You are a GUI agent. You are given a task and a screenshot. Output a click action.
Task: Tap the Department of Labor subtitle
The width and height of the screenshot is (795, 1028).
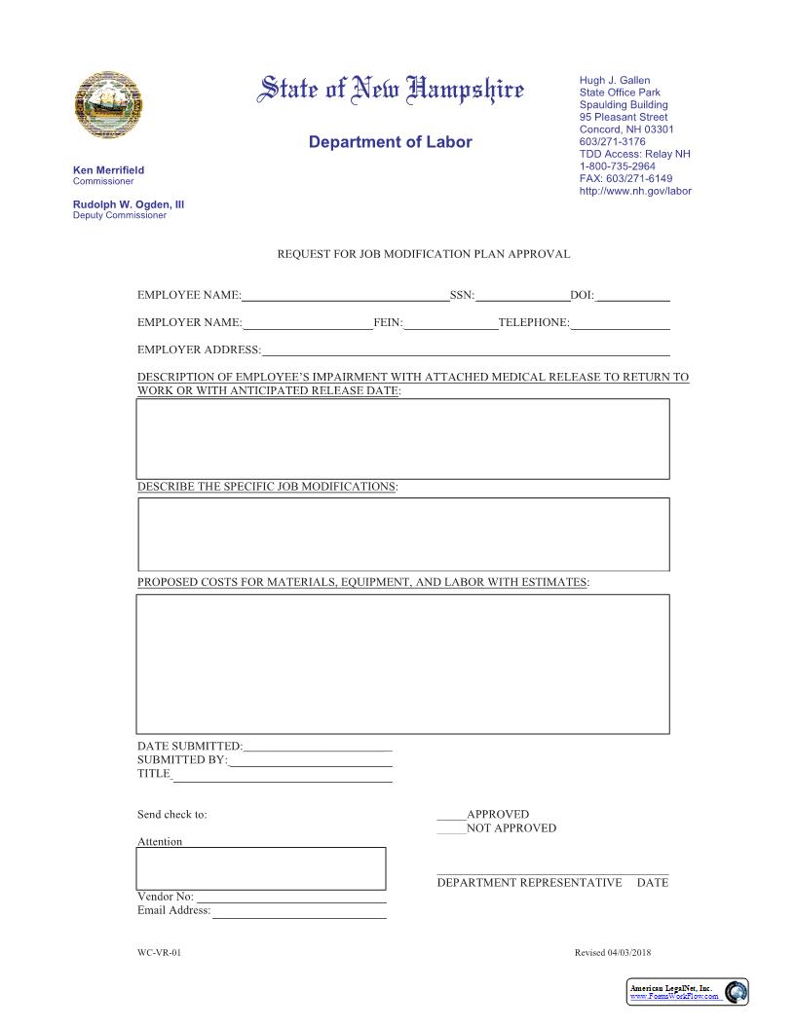[390, 142]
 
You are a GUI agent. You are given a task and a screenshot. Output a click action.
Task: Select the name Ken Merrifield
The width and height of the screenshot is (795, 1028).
[108, 170]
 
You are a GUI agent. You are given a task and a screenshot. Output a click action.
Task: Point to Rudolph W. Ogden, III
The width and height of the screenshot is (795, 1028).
[129, 204]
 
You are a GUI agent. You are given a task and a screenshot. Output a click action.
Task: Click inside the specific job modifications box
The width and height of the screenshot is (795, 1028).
[403, 533]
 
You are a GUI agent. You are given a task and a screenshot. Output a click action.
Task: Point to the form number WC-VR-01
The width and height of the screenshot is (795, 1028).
[159, 953]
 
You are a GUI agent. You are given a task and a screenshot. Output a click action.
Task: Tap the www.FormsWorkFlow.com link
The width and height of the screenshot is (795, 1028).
[675, 996]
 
